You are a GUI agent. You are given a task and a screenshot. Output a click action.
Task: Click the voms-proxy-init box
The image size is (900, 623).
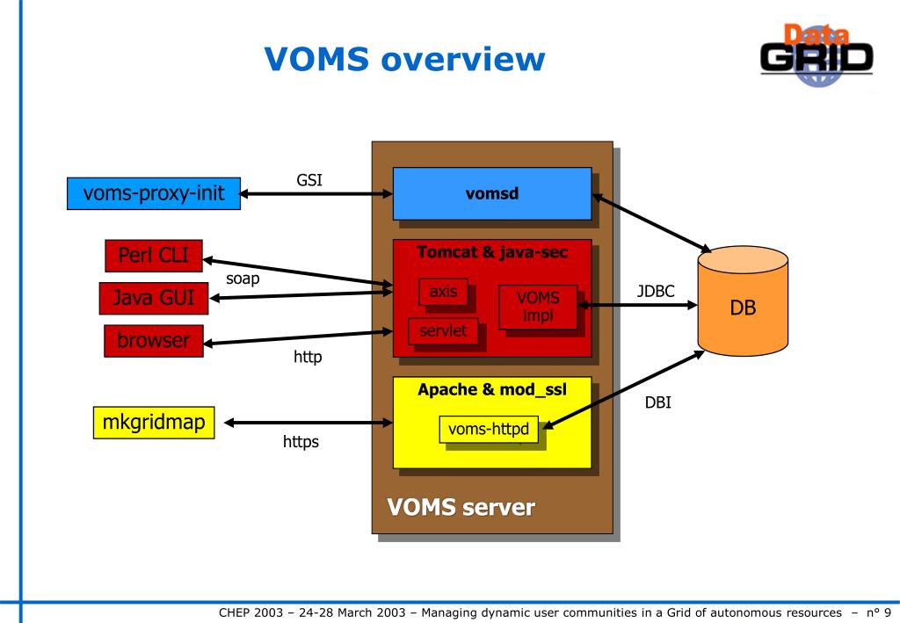154,193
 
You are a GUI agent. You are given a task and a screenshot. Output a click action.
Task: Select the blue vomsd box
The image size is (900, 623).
492,193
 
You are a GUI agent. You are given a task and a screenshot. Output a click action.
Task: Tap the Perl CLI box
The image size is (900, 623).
154,256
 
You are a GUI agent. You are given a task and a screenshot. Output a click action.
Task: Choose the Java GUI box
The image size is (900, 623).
154,298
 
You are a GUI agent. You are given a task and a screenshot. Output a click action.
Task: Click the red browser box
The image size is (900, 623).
154,341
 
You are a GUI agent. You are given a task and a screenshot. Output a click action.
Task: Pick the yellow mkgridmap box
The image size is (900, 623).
154,423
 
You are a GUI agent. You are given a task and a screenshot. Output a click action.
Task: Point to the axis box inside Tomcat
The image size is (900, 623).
443,292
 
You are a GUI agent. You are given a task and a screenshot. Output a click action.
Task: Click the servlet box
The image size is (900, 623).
443,331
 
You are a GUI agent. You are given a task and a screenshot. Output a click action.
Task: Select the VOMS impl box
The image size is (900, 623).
538,307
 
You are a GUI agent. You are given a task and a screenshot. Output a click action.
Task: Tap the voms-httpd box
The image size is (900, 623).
489,429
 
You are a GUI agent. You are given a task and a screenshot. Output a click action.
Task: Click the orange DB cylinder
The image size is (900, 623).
743,301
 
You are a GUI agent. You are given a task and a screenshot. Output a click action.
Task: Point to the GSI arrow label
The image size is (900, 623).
309,180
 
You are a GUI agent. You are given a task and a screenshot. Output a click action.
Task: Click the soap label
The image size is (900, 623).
243,279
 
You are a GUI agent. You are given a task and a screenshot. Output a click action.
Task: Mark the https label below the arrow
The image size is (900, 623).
301,442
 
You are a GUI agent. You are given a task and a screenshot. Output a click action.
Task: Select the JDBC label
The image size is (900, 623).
656,292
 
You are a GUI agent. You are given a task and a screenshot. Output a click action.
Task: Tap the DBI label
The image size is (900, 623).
657,402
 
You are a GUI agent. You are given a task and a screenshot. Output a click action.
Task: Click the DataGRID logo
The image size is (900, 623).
817,55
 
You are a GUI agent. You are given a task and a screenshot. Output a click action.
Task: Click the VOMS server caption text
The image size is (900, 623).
461,508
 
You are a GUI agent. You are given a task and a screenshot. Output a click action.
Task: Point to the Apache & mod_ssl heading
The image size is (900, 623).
492,390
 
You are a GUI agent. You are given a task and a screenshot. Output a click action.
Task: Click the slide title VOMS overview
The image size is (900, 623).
404,59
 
